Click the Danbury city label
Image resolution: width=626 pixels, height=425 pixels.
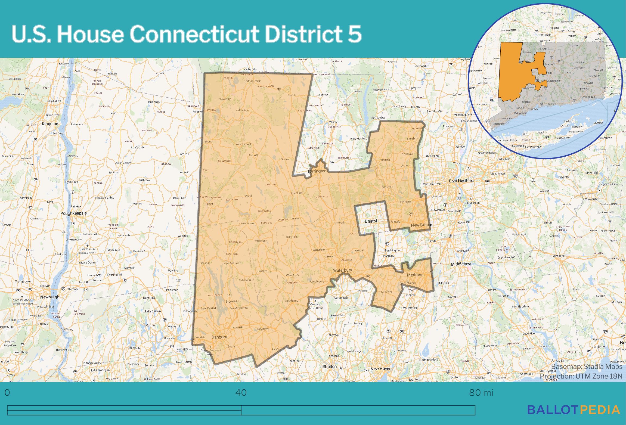click(x=219, y=337)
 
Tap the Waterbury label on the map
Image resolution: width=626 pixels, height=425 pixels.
click(x=343, y=270)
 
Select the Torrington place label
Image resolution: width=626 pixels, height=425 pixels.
click(x=317, y=171)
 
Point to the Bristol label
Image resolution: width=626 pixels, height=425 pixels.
click(x=371, y=221)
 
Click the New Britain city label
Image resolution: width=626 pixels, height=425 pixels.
click(x=421, y=225)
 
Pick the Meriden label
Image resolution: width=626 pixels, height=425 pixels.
click(x=414, y=275)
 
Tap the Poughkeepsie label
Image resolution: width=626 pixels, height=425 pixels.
click(x=73, y=213)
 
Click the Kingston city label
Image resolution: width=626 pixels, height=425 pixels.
click(x=50, y=124)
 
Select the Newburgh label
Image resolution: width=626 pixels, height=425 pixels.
click(x=49, y=297)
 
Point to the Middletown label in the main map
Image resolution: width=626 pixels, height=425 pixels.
click(x=461, y=264)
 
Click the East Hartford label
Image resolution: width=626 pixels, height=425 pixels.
click(x=461, y=181)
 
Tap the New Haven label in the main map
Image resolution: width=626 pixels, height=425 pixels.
click(x=381, y=369)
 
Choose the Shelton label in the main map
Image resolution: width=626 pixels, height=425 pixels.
click(x=330, y=366)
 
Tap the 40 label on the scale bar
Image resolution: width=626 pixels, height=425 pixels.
click(x=241, y=393)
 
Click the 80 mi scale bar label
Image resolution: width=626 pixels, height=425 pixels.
click(x=481, y=393)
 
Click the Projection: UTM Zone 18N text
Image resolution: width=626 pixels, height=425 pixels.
click(x=581, y=376)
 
